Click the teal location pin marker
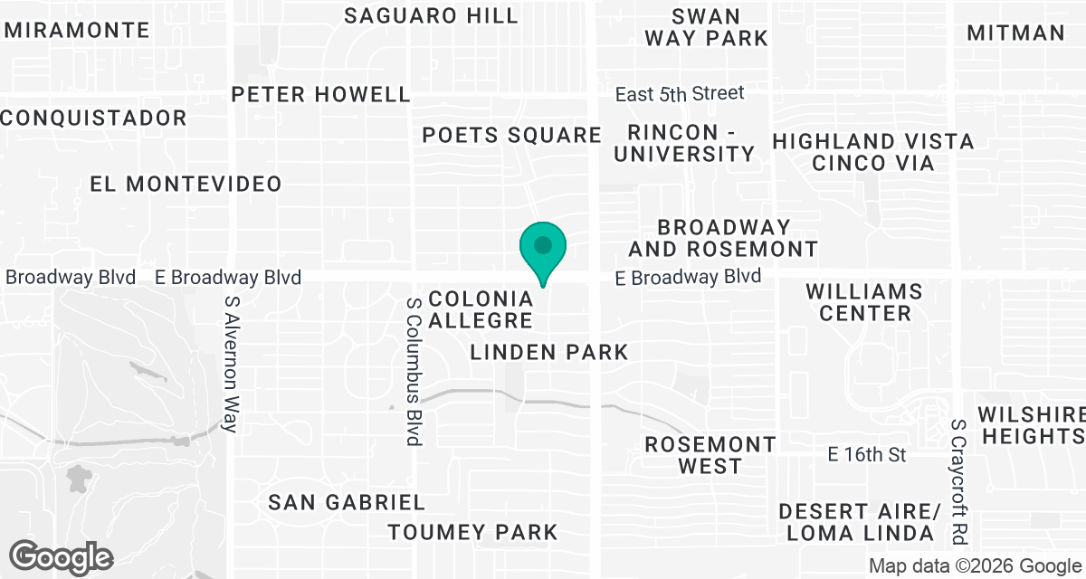click(x=543, y=247)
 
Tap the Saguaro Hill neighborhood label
click(x=432, y=15)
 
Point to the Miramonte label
click(x=77, y=30)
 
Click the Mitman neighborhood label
click(x=1015, y=33)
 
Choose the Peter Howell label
click(x=320, y=94)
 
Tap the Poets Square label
click(x=512, y=136)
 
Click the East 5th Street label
click(x=680, y=93)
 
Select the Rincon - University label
click(x=684, y=142)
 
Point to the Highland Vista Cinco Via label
click(x=873, y=152)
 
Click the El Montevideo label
click(x=186, y=184)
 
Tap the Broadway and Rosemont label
click(x=723, y=238)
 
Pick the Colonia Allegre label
click(x=481, y=309)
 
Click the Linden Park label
click(x=549, y=352)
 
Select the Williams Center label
click(x=863, y=302)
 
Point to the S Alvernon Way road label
click(x=232, y=363)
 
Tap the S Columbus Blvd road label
click(x=414, y=372)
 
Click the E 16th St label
click(x=867, y=454)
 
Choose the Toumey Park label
click(x=472, y=531)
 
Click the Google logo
click(x=62, y=557)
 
